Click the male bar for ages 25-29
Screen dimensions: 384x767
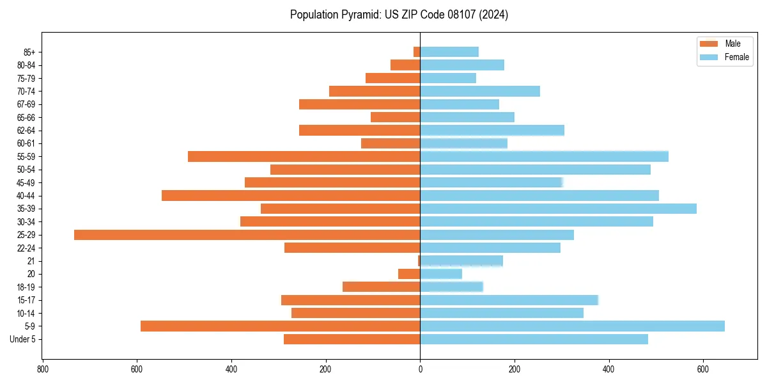coord(247,235)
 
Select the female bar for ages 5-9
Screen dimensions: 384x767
coord(572,326)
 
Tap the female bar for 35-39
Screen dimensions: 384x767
coord(558,209)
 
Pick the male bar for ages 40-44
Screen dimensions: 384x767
coord(291,196)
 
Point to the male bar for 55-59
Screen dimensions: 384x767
coord(304,157)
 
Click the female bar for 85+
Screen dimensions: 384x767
coord(449,52)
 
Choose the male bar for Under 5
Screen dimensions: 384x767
coord(352,339)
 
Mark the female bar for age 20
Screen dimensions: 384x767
coord(441,274)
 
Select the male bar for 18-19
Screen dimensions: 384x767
coord(381,287)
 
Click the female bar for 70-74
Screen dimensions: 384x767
coord(480,92)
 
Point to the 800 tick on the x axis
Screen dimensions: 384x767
coord(43,369)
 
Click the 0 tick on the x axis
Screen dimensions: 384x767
coord(420,369)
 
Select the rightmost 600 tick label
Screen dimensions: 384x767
coord(703,369)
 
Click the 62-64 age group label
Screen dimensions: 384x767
coord(26,131)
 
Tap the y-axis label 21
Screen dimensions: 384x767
coord(31,261)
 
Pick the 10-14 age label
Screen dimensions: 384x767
coord(26,314)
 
